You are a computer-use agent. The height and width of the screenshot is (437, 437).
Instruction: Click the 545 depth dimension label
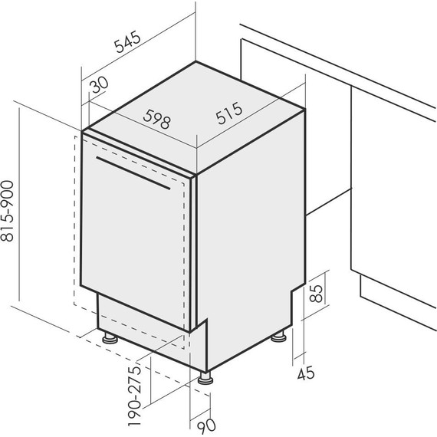tap(128, 41)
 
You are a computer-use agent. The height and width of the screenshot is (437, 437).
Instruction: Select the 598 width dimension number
tap(156, 119)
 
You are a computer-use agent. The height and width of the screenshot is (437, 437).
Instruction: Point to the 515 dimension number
tap(229, 113)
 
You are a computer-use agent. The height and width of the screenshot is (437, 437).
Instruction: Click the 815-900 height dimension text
tap(7, 211)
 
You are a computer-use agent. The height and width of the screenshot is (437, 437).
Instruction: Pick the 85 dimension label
tap(317, 293)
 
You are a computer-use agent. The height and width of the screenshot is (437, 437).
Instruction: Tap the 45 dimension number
tap(306, 373)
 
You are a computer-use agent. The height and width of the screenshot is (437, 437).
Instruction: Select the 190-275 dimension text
tap(135, 396)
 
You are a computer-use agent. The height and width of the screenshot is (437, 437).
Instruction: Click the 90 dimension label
tap(206, 426)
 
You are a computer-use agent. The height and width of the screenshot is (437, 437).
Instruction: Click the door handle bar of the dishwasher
tap(133, 173)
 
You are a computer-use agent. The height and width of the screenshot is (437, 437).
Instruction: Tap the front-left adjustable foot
tap(110, 337)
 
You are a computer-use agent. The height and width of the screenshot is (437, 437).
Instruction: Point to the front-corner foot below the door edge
tap(205, 378)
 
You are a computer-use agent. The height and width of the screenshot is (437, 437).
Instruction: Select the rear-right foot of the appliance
tap(279, 336)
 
